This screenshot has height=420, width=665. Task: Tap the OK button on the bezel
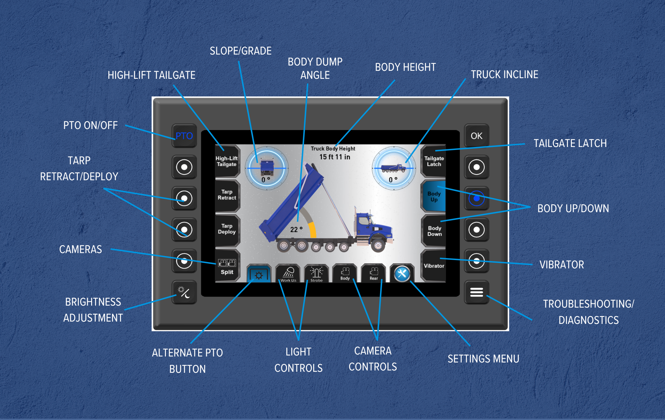(x=476, y=136)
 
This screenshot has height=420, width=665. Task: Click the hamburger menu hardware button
(x=476, y=292)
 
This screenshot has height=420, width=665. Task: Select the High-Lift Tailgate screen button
(x=227, y=161)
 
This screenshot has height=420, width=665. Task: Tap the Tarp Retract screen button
(x=227, y=195)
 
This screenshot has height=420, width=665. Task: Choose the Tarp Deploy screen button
(x=227, y=229)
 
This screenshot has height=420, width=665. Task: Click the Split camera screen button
(x=227, y=266)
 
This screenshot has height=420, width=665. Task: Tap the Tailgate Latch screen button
(x=434, y=161)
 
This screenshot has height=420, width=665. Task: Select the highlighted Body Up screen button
(x=434, y=196)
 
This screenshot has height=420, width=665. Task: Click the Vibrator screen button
(x=434, y=266)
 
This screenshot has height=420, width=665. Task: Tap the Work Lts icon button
(x=288, y=274)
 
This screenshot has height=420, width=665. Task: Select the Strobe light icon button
(x=317, y=274)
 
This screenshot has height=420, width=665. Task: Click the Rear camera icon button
(x=374, y=273)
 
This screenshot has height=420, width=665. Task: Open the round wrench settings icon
(x=402, y=274)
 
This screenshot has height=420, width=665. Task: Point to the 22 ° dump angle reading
(x=296, y=229)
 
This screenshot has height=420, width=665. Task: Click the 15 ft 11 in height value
(x=335, y=157)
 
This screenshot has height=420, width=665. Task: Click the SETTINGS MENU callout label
(x=483, y=359)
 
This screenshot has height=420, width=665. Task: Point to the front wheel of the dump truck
(x=378, y=245)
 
